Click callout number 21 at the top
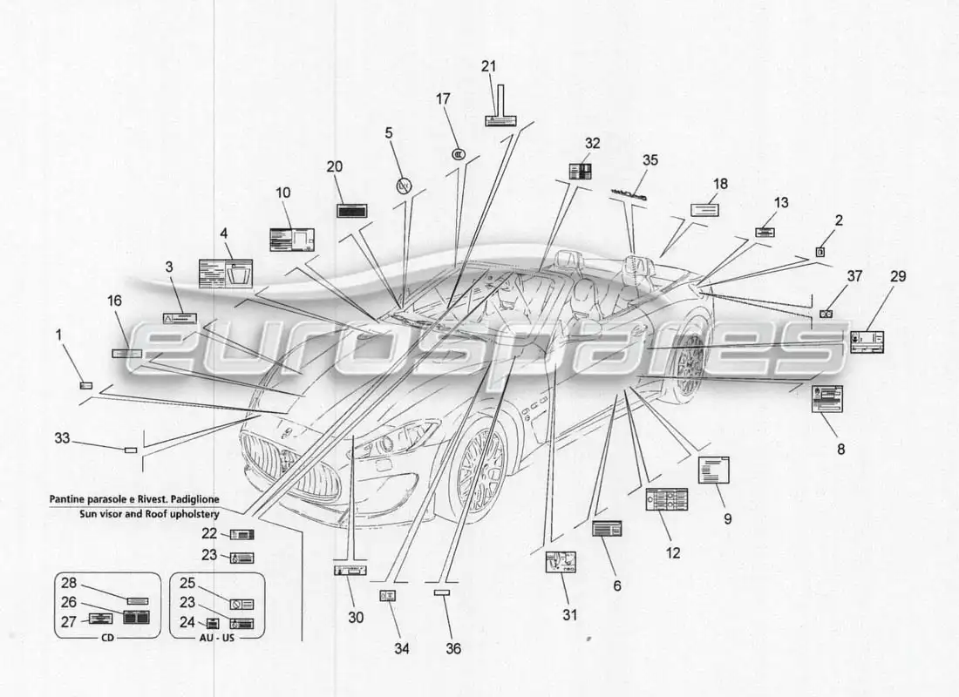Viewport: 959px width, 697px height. pos(488,66)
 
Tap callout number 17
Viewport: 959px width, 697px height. pos(443,99)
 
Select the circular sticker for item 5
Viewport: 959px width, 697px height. pos(403,185)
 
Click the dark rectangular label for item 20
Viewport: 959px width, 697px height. pos(351,211)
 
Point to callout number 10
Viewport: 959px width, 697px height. pos(283,193)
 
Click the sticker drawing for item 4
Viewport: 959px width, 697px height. pos(226,272)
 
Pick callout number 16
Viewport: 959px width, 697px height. pos(115,301)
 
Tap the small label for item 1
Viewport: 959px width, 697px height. pos(85,385)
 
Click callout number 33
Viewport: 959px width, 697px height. pos(62,438)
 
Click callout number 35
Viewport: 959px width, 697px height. pos(650,160)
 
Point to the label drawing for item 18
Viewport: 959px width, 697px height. pos(704,209)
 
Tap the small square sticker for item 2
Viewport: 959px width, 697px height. pos(820,251)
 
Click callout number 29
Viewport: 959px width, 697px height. pos(898,277)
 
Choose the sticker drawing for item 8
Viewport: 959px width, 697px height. pos(827,398)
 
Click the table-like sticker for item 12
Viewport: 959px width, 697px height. pos(666,499)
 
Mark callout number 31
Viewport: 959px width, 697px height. pos(569,615)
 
